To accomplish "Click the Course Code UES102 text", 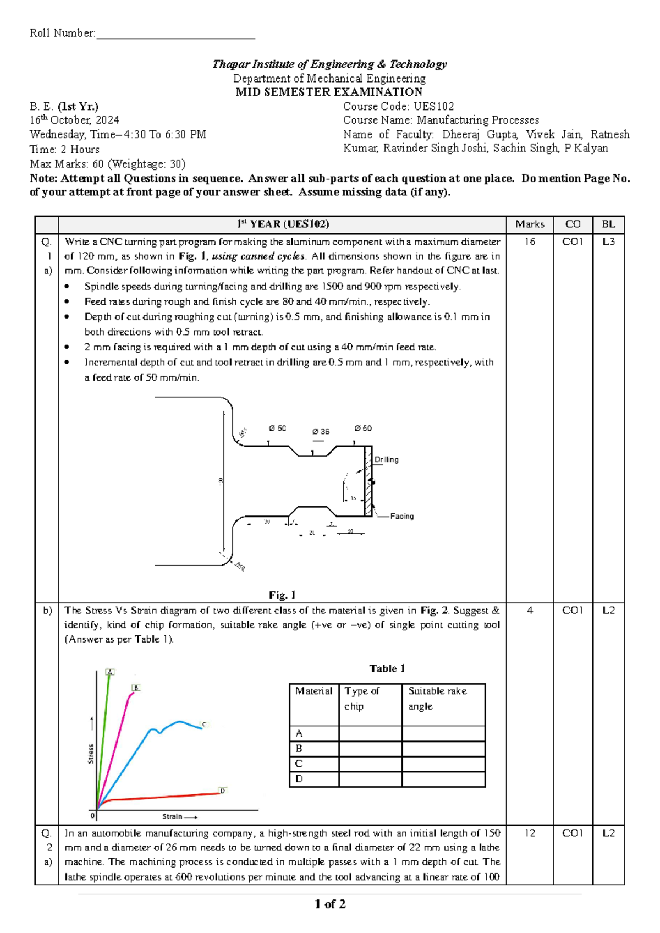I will pos(398,106).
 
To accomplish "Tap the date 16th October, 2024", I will pos(74,120).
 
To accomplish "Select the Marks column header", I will pos(530,224).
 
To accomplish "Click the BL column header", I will pos(608,224).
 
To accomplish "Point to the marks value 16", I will pos(530,242).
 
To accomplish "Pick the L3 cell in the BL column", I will pos(608,242).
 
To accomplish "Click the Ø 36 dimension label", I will pos(321,432).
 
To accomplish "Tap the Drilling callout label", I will pos(386,459).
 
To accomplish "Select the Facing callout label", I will pos(402,516).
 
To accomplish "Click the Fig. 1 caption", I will pos(282,595).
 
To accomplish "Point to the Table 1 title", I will pos(387,668).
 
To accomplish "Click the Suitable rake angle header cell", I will pos(437,698).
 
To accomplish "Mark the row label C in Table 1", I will pos(299,764).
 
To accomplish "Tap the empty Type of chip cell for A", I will pos(370,733).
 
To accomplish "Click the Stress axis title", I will pos(91,753).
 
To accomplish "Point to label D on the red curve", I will pos(223,791).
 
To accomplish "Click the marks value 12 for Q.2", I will pos(530,833).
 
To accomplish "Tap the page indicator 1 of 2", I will pos(330,904).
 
